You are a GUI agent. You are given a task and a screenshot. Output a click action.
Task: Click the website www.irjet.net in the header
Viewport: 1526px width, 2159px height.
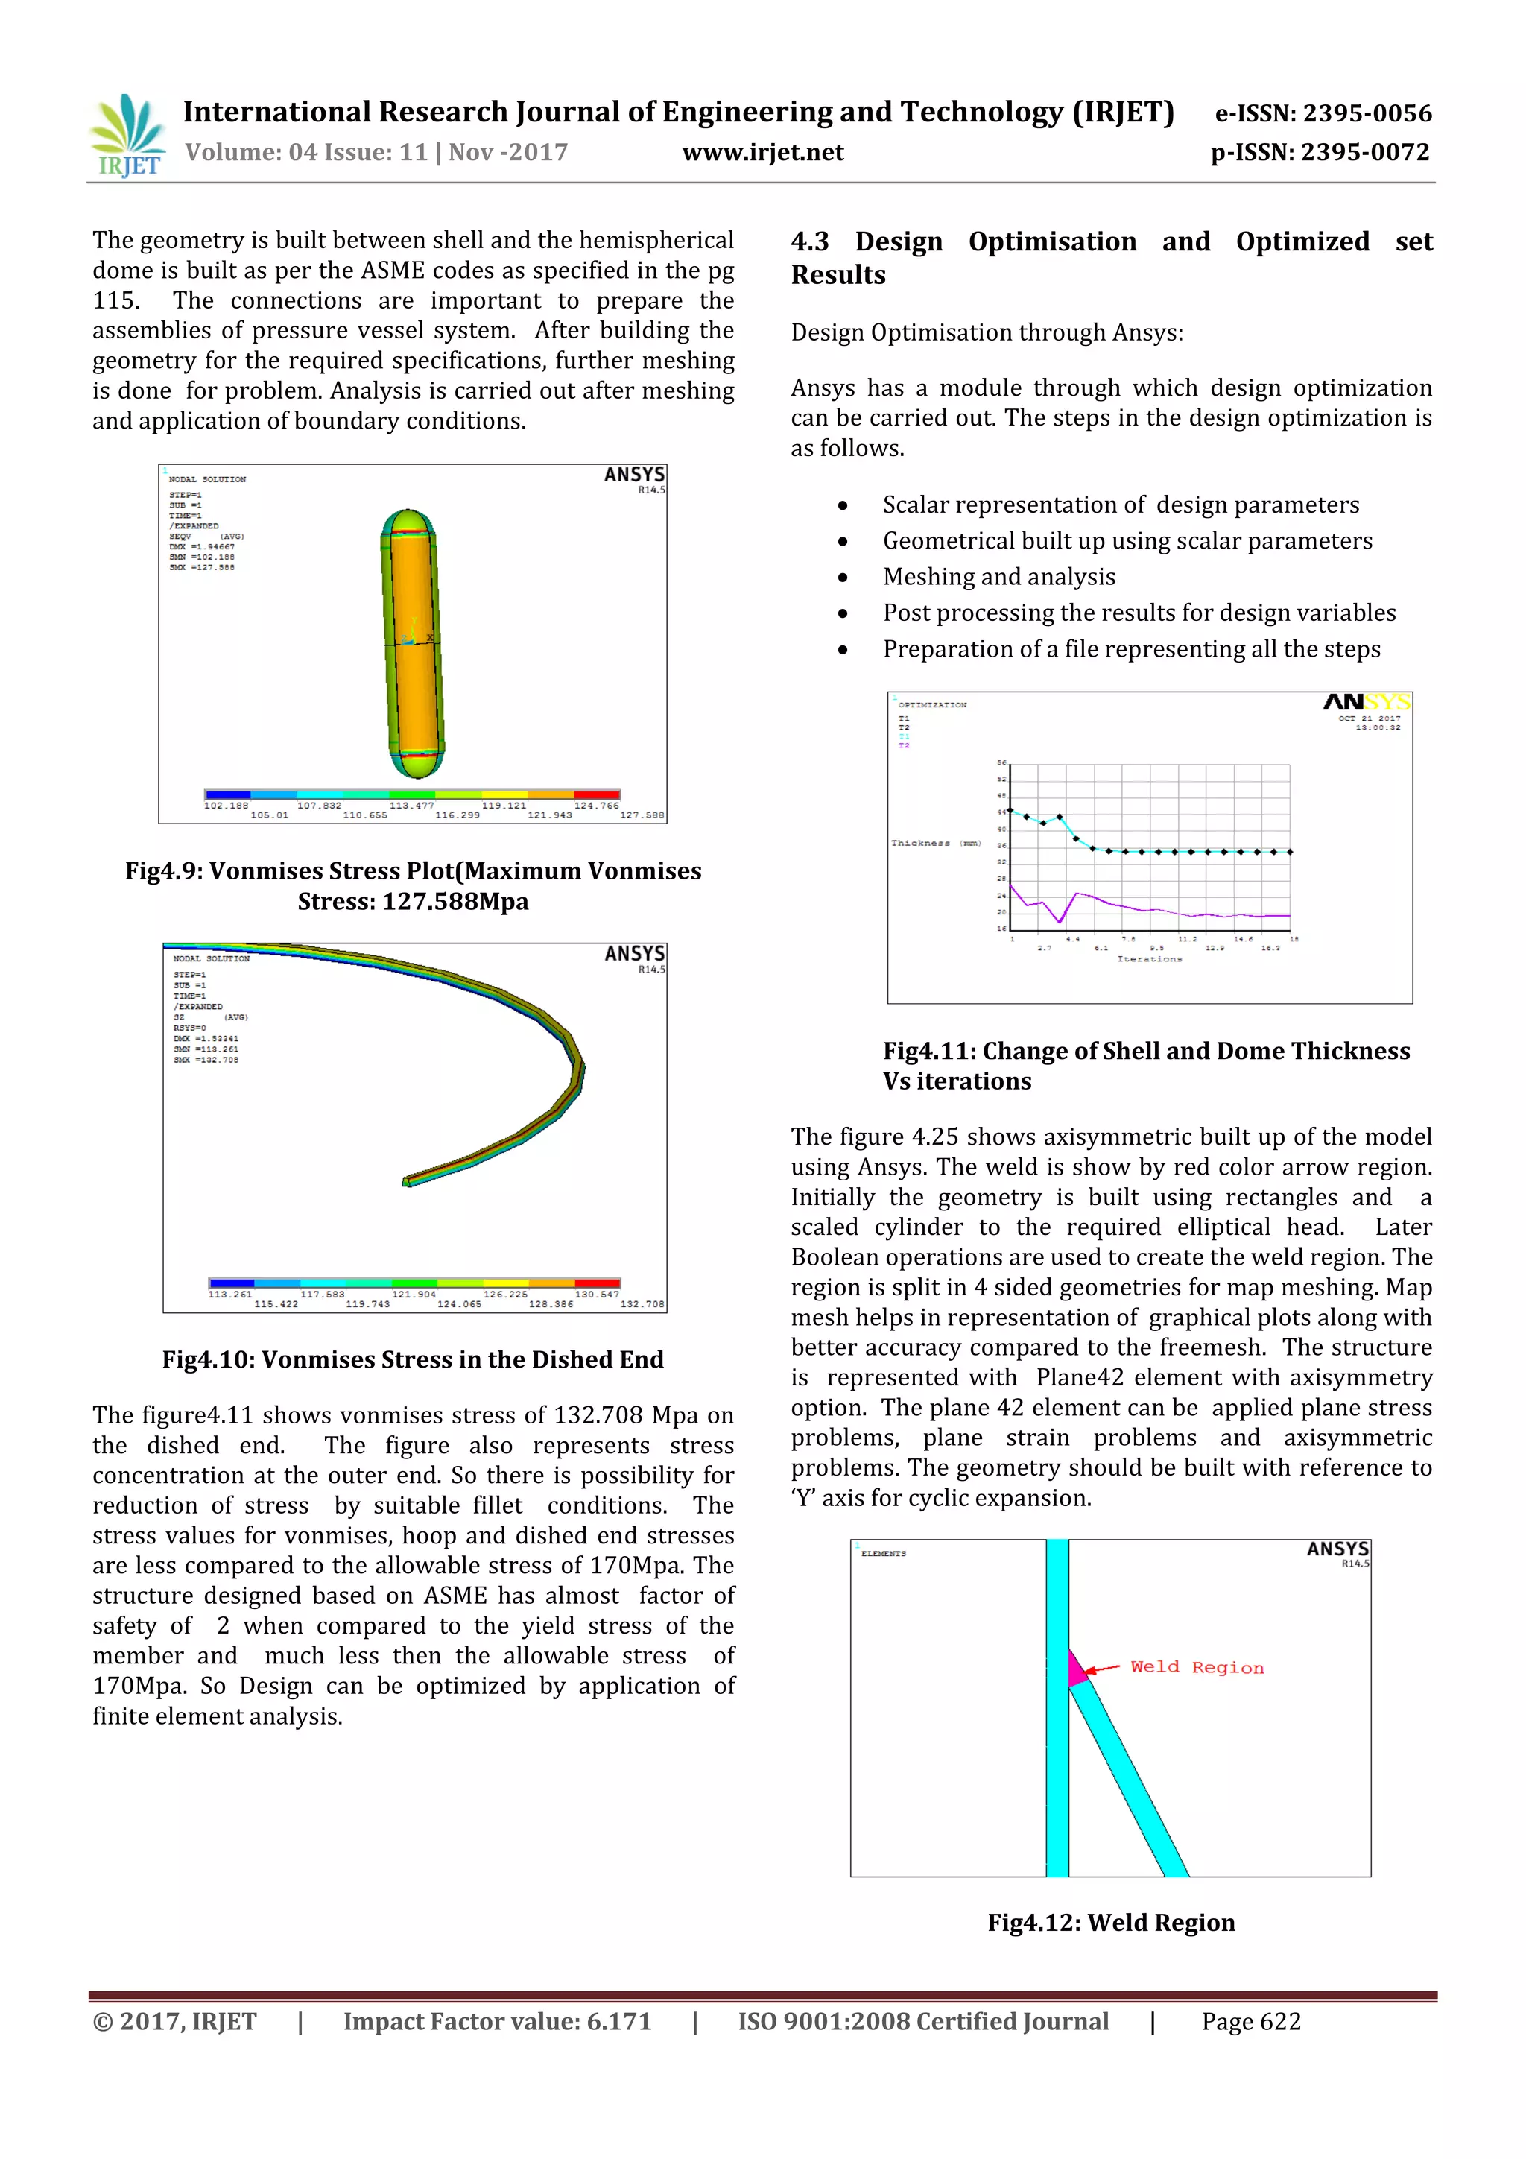[x=762, y=152]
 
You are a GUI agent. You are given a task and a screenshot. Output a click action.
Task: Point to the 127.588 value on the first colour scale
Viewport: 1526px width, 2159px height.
[x=642, y=815]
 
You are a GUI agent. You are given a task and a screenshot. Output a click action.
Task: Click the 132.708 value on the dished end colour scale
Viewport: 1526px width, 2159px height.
[x=642, y=1304]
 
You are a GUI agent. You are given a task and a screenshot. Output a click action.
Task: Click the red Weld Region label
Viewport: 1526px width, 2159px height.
[x=1196, y=1667]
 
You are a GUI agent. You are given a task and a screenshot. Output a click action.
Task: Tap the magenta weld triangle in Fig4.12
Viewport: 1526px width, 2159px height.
[x=1076, y=1669]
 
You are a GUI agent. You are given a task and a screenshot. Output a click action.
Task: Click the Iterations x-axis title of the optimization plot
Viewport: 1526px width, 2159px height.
[x=1149, y=959]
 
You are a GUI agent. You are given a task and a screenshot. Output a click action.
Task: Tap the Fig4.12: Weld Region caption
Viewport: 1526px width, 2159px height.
[x=1110, y=1922]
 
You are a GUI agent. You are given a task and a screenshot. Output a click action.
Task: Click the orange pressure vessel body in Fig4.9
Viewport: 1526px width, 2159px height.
[x=414, y=649]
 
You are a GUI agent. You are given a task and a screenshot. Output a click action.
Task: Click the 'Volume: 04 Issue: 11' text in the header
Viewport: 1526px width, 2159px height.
[x=305, y=152]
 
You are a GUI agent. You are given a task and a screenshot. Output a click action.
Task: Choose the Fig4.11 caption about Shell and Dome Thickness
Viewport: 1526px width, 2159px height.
[x=1145, y=1066]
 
